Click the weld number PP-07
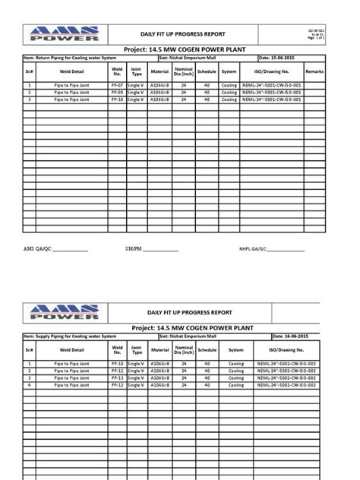click(116, 87)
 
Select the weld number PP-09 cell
click(116, 93)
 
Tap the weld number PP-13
click(116, 377)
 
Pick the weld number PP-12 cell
click(116, 384)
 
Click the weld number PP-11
click(116, 371)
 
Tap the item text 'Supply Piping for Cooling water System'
click(72, 335)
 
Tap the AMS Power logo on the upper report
click(65, 33)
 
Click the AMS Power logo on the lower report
click(65, 311)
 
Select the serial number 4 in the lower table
click(29, 384)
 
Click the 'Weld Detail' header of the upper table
click(72, 71)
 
